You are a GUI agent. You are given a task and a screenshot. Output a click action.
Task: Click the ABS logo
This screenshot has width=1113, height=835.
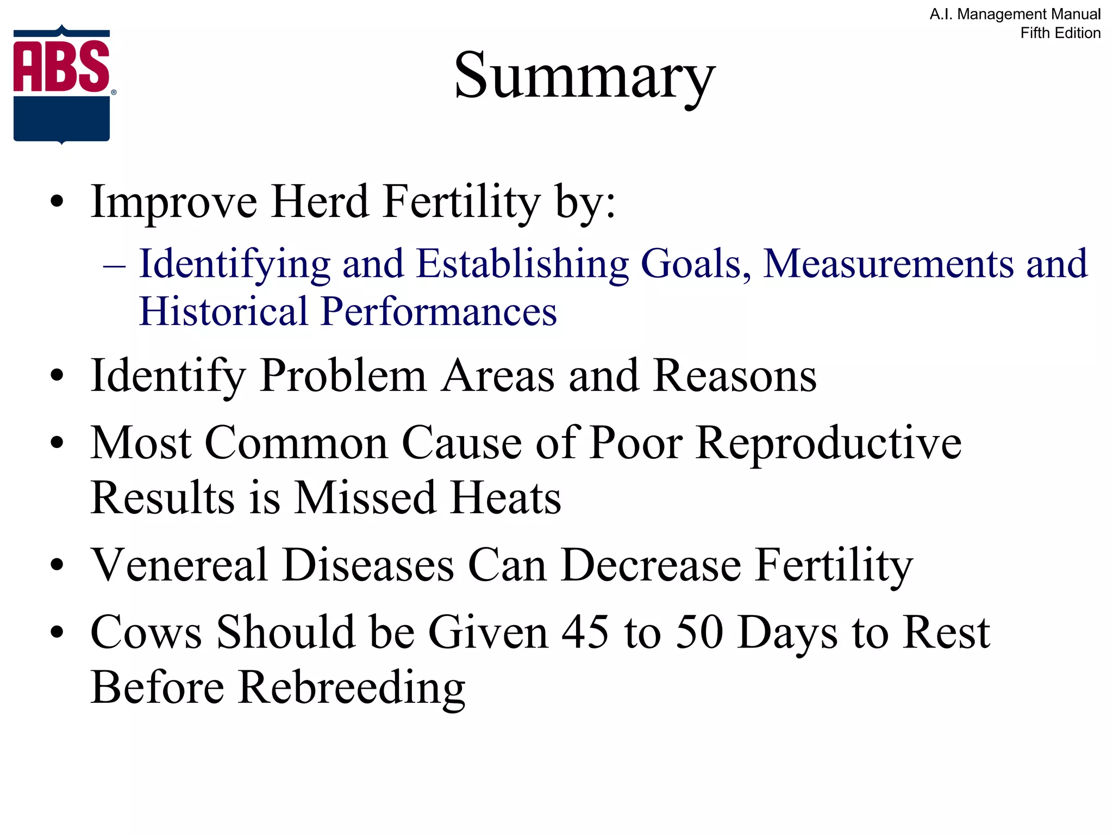pos(62,85)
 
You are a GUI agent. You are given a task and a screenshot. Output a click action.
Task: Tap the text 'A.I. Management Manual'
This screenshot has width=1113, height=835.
pos(1015,14)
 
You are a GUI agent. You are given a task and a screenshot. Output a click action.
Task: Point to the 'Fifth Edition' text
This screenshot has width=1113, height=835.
pos(1060,33)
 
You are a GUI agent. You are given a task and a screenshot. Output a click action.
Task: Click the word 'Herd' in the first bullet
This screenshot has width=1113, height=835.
pos(320,202)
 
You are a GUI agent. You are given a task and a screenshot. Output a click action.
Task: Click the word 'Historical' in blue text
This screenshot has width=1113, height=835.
pos(223,311)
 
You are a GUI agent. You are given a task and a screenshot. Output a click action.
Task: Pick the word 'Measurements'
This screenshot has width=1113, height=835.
pos(888,264)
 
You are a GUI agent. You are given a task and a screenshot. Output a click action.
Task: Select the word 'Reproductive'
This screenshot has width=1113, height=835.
pos(829,443)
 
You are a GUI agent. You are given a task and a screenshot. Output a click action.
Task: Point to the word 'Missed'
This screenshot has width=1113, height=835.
pos(365,498)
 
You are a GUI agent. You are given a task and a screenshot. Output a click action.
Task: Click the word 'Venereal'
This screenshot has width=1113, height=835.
pos(179,565)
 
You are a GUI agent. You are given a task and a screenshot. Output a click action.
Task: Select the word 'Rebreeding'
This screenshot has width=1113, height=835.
pos(352,688)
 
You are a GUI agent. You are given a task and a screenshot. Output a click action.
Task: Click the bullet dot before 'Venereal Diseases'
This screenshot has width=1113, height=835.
pos(57,566)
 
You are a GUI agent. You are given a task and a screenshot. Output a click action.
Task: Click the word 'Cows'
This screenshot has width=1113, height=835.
pos(146,632)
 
